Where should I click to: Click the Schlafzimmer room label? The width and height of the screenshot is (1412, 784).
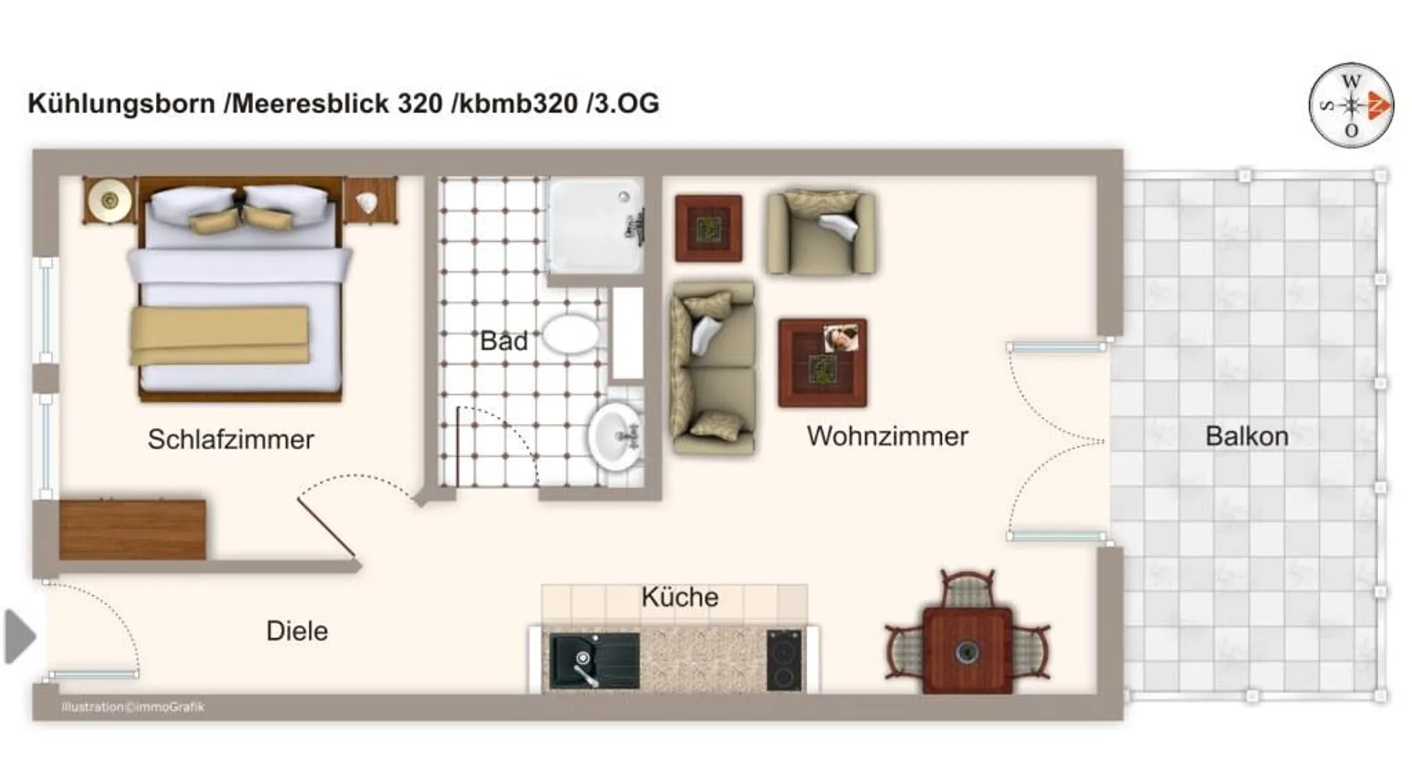coord(231,439)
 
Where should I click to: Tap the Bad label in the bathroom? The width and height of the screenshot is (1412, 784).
coord(504,340)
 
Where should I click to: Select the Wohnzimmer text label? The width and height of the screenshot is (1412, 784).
coord(887,436)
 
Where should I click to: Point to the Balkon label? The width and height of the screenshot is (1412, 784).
coord(1246,436)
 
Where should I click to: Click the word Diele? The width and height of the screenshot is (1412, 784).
coord(297,630)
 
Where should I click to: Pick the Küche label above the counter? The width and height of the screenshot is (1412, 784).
coord(679,597)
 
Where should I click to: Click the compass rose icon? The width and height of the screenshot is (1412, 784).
coord(1351,105)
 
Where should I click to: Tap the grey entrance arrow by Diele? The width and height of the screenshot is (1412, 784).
coord(20,637)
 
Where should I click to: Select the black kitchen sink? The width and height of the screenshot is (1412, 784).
coord(594,661)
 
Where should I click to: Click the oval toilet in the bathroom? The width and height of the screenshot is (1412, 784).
coord(570,334)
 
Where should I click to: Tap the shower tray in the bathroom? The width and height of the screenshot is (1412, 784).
coord(595,226)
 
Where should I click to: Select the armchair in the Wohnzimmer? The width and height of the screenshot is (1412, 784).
coord(821,232)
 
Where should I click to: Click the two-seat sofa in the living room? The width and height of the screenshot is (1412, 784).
coord(713,368)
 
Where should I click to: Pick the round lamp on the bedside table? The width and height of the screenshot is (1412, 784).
coord(110,201)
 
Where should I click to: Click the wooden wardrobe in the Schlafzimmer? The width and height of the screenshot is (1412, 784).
coord(133,529)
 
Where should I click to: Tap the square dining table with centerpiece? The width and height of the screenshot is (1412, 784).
coord(967,650)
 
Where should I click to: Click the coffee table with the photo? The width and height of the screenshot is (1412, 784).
coord(822,363)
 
